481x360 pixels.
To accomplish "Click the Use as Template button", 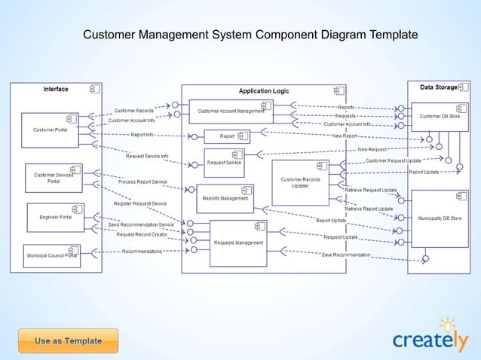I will point(68,340).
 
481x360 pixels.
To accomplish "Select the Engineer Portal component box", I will point(56,217).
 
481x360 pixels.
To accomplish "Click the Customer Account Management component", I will point(231,111).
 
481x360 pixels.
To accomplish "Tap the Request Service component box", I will point(225,162).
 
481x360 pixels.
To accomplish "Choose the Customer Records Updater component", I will point(300,182).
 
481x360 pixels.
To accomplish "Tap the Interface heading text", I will point(55,90).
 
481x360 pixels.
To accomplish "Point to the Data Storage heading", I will point(438,88).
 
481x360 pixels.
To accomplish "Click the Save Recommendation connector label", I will point(346,255).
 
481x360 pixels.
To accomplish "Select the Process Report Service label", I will point(142,182).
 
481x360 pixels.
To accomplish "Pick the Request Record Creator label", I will point(142,234).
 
